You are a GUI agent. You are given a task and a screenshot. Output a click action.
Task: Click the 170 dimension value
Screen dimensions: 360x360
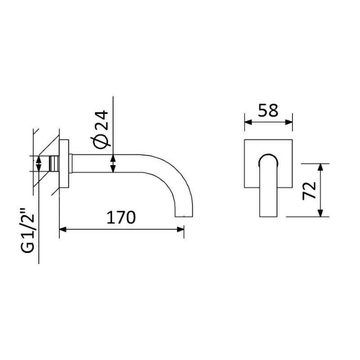[x=121, y=217]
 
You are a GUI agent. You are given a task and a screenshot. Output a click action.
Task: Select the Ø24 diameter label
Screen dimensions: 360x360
[x=100, y=130]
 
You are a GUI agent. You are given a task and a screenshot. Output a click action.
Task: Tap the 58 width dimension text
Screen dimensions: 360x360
[x=268, y=110]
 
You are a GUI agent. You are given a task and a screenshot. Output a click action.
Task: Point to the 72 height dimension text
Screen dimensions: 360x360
[x=309, y=190]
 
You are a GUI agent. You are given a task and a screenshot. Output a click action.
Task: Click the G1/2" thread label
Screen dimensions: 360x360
[x=28, y=230]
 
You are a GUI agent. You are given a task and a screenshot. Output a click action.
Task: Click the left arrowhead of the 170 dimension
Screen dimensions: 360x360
[x=63, y=229]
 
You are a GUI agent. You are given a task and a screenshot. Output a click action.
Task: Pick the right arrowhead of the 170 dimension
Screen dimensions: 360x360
[x=180, y=229]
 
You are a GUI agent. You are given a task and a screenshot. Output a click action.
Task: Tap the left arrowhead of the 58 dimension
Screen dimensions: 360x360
[x=248, y=122]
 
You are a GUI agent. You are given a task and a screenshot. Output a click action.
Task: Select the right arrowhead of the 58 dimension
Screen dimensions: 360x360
[x=289, y=122]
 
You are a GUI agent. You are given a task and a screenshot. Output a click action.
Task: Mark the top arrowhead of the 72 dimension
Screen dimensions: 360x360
[x=320, y=167]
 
